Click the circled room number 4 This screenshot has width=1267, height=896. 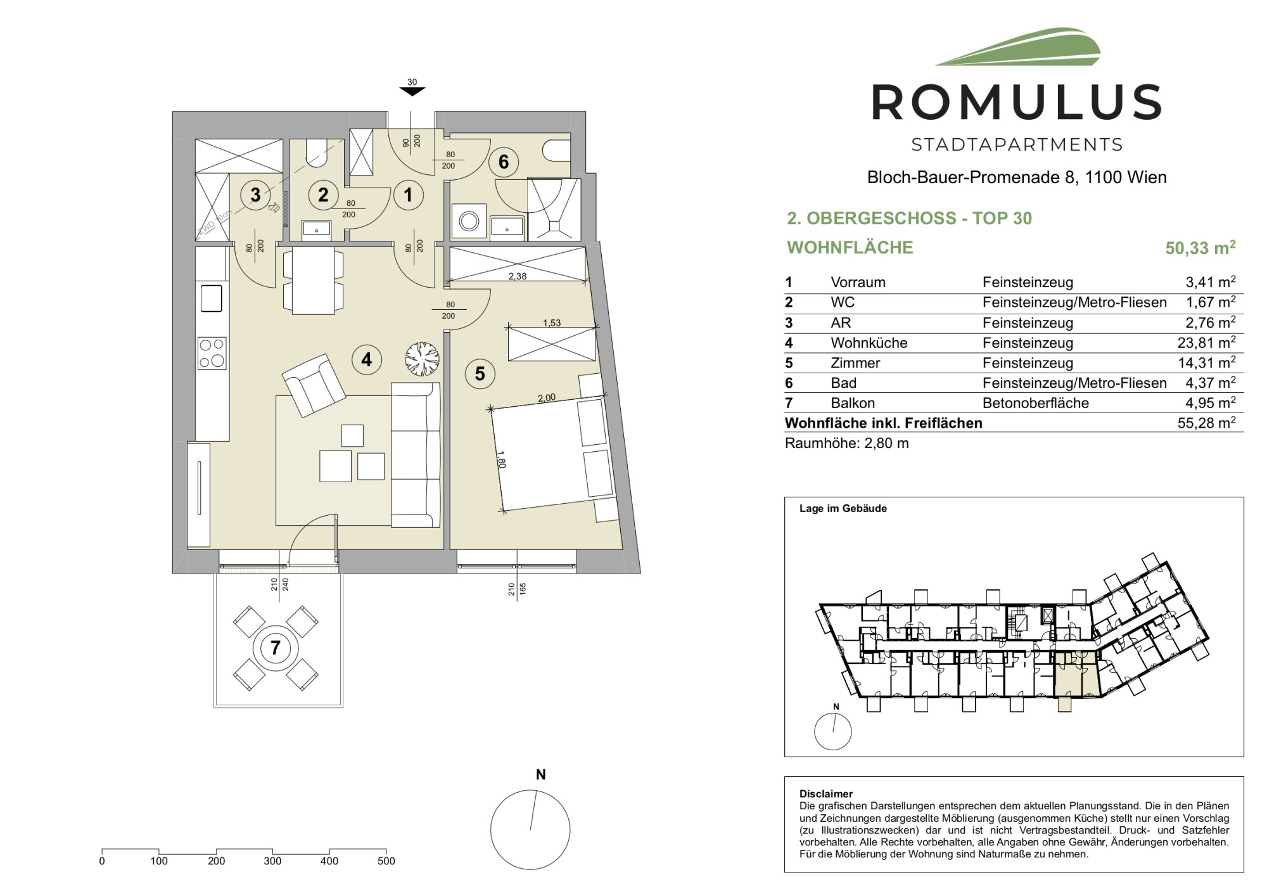tap(367, 360)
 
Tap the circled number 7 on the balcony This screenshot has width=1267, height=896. tap(276, 648)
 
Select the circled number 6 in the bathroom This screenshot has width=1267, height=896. tap(504, 162)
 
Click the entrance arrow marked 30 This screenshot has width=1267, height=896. tap(412, 91)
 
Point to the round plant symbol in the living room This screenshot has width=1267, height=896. tap(422, 359)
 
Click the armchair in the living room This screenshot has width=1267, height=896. tap(314, 385)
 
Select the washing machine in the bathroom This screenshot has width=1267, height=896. tap(469, 221)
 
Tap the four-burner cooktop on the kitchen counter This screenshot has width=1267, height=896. tap(212, 353)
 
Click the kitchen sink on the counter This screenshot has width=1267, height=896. tap(212, 298)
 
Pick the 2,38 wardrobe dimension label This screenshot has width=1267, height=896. tap(518, 276)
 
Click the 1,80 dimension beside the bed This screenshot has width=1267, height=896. tap(501, 459)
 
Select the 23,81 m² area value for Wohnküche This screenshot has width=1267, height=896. tap(1206, 343)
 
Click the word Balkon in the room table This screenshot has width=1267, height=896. tap(853, 403)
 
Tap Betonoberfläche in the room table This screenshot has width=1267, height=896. tap(1036, 403)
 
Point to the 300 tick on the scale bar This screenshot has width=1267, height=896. tap(272, 861)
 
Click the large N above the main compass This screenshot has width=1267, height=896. tap(540, 774)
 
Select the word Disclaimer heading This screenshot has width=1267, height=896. tap(826, 793)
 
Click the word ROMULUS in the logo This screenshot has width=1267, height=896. tap(1017, 103)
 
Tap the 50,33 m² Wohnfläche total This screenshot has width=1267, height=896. tap(1200, 248)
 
